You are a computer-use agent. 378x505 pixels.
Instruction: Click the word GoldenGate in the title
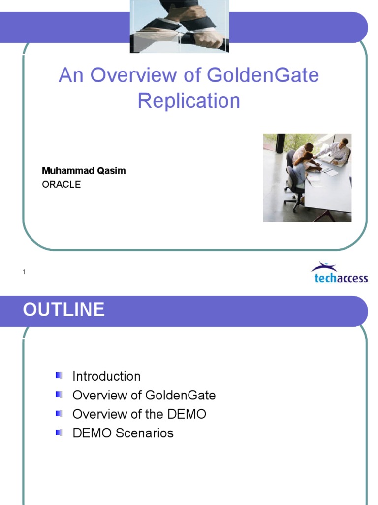click(263, 75)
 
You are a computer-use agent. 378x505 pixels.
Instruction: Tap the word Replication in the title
click(189, 101)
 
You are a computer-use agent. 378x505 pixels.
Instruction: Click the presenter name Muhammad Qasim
click(84, 171)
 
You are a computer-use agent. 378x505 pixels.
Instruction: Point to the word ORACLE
click(61, 184)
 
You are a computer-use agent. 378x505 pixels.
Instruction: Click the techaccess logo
click(339, 273)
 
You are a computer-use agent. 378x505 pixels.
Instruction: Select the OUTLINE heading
click(64, 310)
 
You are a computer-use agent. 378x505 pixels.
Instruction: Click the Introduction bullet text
click(106, 376)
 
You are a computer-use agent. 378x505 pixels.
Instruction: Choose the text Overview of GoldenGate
click(144, 395)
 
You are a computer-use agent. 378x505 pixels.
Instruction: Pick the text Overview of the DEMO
click(139, 414)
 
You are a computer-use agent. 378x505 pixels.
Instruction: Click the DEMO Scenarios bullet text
click(123, 433)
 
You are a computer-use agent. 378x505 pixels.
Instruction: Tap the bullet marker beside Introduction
click(59, 376)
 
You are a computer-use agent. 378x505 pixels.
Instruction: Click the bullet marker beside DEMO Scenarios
click(59, 433)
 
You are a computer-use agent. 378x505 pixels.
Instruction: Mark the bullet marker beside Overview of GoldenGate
click(59, 395)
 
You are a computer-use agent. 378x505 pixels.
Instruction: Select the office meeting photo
click(307, 178)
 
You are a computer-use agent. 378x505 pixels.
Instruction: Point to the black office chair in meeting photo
click(293, 187)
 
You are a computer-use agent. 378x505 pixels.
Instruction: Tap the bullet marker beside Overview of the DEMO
click(59, 414)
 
